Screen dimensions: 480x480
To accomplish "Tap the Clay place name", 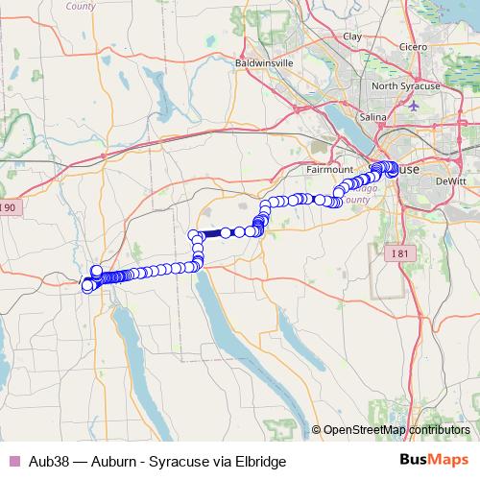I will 352,36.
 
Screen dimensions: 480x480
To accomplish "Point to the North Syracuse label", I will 406,86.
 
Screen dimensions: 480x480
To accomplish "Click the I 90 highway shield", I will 8,207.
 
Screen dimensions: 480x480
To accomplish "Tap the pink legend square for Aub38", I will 13,460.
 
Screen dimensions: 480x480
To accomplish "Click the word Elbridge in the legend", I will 260,460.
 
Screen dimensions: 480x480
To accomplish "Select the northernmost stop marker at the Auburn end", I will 96,271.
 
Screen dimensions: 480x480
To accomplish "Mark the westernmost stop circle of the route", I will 86,284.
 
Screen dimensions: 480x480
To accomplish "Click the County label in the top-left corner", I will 81,5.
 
